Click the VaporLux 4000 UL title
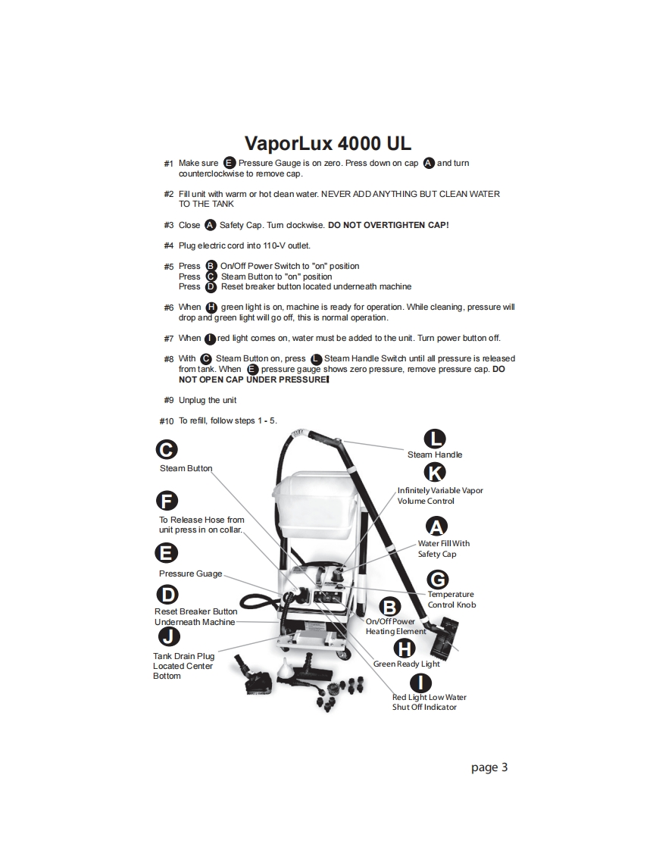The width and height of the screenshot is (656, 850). tap(328, 144)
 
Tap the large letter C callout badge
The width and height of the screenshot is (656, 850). tap(167, 449)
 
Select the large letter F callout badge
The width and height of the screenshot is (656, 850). tap(167, 500)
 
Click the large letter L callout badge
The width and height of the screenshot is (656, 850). tap(435, 439)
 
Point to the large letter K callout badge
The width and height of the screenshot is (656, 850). tap(435, 472)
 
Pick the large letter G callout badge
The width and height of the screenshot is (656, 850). tap(438, 580)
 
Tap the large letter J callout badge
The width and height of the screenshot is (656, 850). tap(169, 636)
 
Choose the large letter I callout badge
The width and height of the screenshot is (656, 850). tap(420, 683)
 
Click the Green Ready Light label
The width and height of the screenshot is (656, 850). tap(407, 664)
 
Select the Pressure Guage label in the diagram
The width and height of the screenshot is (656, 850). tap(190, 573)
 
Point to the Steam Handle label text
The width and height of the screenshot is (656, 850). tap(435, 455)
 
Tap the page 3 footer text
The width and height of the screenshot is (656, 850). tap(489, 767)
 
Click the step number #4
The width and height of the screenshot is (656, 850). tap(169, 245)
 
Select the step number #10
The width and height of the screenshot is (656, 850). tap(167, 421)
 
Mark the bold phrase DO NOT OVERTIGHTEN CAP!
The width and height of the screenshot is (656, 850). tap(388, 225)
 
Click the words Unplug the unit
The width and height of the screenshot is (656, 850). tap(208, 401)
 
